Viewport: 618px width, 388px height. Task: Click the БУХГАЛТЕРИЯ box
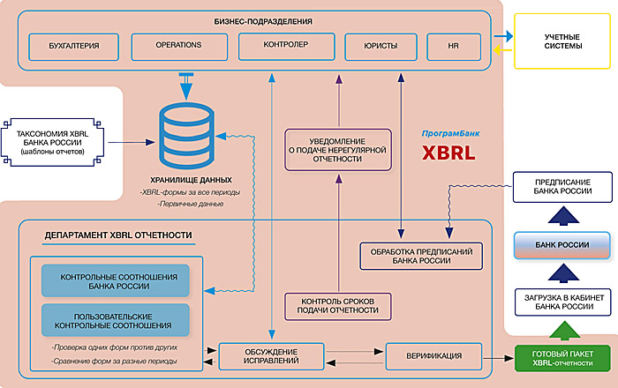pos(75,45)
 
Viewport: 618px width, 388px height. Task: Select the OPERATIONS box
pos(179,45)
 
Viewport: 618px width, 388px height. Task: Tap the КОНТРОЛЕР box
pos(285,45)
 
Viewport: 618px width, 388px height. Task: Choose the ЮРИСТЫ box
pos(381,45)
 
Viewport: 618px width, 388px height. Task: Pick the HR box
pos(455,45)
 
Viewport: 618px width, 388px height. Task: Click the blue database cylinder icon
pos(186,129)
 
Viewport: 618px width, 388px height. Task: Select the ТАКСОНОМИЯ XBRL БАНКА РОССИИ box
pos(55,140)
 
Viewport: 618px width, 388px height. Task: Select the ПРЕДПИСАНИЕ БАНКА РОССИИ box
pos(563,188)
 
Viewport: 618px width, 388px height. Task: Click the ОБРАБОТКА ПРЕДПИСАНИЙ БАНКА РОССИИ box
pos(421,256)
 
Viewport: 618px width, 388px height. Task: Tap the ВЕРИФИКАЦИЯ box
pos(436,356)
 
